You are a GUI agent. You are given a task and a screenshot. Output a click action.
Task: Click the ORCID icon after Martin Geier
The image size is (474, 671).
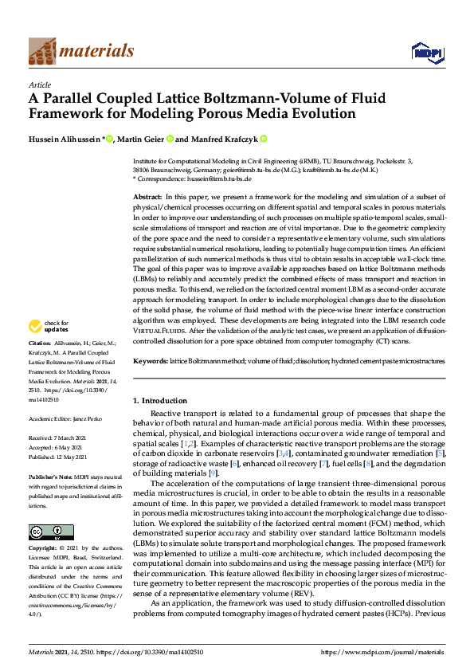coord(170,139)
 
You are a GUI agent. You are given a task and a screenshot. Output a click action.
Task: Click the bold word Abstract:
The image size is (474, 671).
coord(147,196)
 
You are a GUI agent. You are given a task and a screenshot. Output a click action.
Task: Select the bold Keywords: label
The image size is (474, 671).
coord(150,361)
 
